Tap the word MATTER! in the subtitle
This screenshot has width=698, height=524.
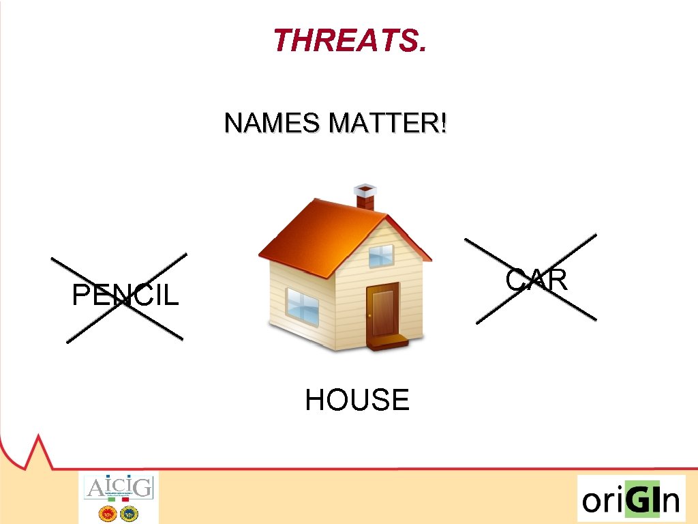(388, 124)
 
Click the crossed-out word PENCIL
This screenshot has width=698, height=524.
(125, 295)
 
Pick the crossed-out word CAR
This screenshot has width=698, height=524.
(537, 280)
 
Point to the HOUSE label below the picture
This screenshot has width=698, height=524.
(357, 400)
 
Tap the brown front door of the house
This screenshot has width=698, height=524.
(383, 310)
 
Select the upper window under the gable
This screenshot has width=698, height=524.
(381, 255)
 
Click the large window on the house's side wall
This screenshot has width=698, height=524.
(302, 305)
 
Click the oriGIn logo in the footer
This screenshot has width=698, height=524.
(631, 499)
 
